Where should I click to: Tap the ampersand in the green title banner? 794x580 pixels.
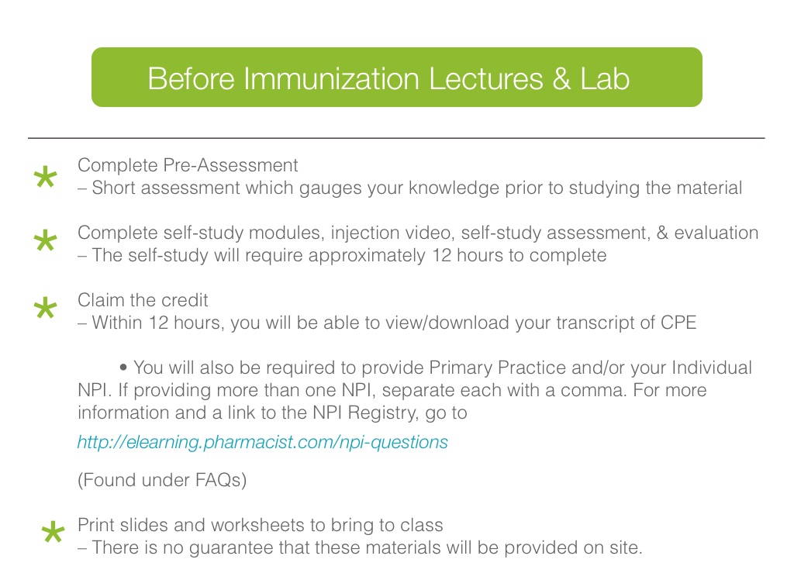pos(561,78)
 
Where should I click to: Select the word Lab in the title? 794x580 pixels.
pos(605,78)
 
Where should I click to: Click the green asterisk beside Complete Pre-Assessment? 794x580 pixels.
pos(45,177)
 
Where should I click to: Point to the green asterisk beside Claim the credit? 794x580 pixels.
pos(45,307)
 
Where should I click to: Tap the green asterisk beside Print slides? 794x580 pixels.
pos(54,532)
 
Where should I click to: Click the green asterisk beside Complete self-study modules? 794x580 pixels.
pos(45,240)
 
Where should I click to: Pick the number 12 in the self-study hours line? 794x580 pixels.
pos(441,255)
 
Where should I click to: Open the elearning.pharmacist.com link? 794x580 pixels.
pos(262,442)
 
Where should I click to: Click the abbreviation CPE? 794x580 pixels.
pos(678,323)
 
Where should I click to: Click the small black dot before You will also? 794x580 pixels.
pos(123,367)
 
